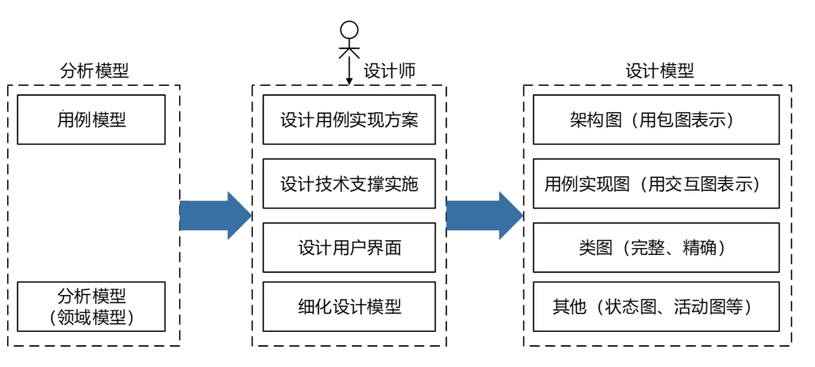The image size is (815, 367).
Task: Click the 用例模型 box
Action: point(91,119)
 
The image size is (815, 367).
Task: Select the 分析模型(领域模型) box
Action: point(91,306)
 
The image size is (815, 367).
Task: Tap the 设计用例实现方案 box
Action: point(349,119)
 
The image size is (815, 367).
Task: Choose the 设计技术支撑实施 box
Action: point(349,183)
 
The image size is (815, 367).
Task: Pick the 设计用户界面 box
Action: point(349,247)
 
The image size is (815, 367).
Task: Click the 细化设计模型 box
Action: point(349,306)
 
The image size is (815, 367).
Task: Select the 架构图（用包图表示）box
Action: point(656,119)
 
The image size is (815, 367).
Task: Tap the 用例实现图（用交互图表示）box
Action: point(656,183)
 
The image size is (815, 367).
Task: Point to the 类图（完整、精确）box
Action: point(656,247)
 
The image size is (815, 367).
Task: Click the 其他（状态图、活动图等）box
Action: point(656,306)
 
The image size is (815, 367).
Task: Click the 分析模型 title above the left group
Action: point(94,70)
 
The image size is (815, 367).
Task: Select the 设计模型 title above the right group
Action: point(659,70)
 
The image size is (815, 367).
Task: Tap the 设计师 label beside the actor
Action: point(389,70)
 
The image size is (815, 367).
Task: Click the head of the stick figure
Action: point(349,30)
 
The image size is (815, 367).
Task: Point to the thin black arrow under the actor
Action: point(349,71)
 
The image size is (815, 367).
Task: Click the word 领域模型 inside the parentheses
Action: point(92,317)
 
